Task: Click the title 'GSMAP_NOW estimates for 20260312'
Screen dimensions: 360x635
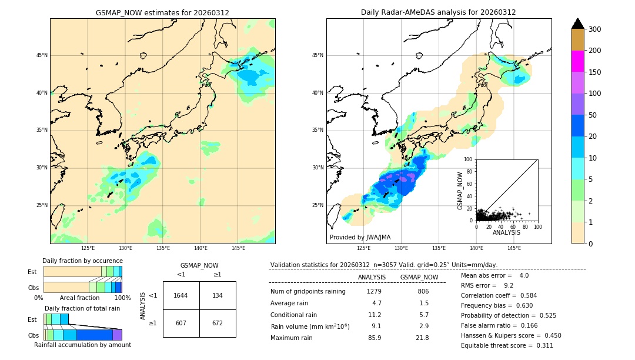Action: (x=162, y=12)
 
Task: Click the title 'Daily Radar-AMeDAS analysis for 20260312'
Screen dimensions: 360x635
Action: (x=439, y=12)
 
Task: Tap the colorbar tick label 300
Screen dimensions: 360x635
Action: (x=595, y=29)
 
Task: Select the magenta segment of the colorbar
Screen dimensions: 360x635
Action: (x=578, y=61)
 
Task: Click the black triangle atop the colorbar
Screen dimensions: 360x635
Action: (x=578, y=24)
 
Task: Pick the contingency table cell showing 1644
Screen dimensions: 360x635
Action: (x=181, y=295)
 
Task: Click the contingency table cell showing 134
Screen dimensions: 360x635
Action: (x=218, y=295)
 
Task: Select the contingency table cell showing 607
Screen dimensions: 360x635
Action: (x=181, y=323)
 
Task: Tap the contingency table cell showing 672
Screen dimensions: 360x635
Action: (x=218, y=323)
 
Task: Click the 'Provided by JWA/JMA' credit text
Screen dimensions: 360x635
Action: (x=360, y=238)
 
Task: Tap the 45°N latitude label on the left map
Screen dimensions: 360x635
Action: (x=42, y=55)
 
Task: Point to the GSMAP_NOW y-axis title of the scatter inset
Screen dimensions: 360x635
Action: (x=461, y=189)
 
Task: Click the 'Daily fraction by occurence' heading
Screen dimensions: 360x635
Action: (x=82, y=261)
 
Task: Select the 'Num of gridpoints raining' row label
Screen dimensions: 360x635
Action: (x=308, y=292)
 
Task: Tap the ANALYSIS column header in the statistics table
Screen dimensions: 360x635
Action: (x=372, y=277)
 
